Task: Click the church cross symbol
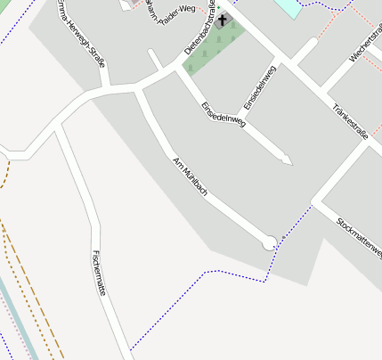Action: (222, 20)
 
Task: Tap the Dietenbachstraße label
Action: (201, 31)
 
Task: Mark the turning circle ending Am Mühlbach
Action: (269, 242)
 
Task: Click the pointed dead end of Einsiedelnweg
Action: (288, 161)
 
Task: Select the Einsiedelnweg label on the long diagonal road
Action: (223, 116)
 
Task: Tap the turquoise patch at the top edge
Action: (289, 7)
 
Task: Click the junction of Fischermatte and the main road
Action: (59, 126)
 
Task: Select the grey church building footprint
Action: (222, 20)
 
